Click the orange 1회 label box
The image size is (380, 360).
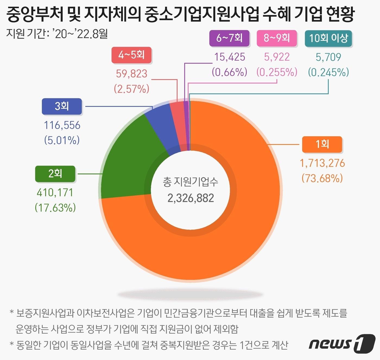[x=322, y=144]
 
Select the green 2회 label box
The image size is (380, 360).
[x=55, y=173]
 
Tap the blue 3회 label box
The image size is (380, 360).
[x=62, y=106]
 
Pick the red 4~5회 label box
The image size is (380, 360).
[x=131, y=55]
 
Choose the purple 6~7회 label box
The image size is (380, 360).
[x=229, y=38]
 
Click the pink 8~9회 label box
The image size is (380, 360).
[x=277, y=38]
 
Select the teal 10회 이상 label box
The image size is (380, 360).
[x=328, y=38]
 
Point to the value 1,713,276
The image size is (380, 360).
[x=322, y=163]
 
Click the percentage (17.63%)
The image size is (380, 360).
[x=55, y=208]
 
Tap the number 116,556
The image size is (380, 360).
[x=62, y=125]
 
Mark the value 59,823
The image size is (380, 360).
[x=131, y=74]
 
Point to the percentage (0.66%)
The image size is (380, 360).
[x=229, y=72]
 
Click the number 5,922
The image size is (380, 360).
[x=277, y=57]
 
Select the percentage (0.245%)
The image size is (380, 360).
[x=328, y=72]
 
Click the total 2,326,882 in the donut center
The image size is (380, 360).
[x=191, y=198]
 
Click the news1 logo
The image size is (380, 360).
[x=342, y=344]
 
